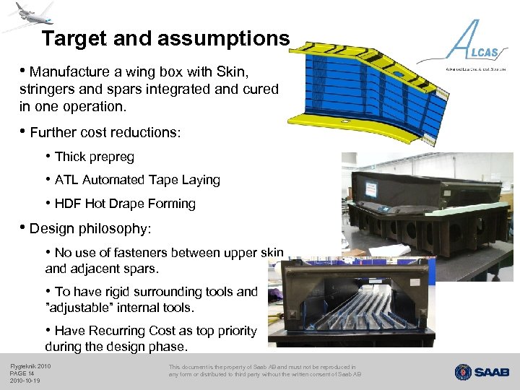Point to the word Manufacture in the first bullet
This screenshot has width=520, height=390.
tap(68, 71)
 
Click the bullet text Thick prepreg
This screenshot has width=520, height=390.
tap(94, 156)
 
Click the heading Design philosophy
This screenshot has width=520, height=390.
tap(90, 228)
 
